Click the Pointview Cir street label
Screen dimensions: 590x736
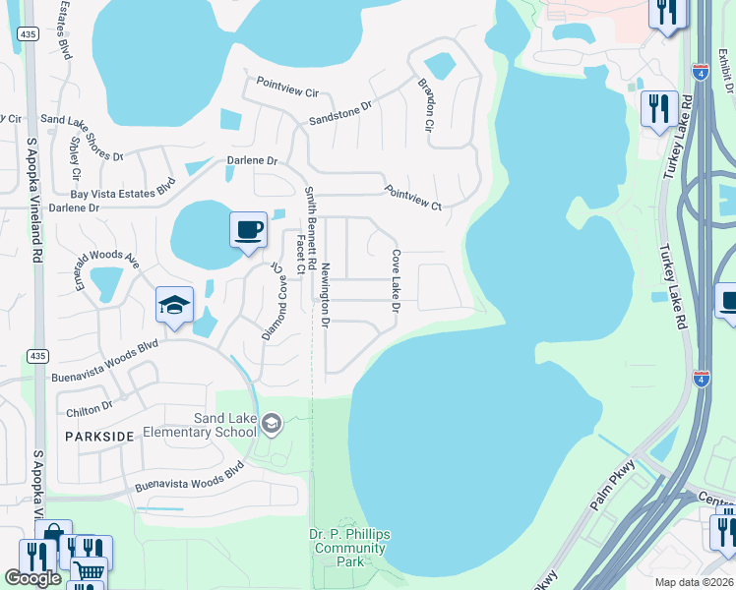[287, 88]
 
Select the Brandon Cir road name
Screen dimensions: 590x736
[426, 105]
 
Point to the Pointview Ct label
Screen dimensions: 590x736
[413, 197]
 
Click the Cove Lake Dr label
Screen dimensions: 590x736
[396, 281]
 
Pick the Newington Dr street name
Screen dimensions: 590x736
[324, 293]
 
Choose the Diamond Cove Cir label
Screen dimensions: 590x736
[273, 301]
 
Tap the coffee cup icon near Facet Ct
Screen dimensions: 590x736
[248, 230]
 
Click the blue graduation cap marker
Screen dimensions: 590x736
[173, 305]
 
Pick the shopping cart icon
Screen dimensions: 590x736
[89, 570]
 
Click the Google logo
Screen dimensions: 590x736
[33, 578]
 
